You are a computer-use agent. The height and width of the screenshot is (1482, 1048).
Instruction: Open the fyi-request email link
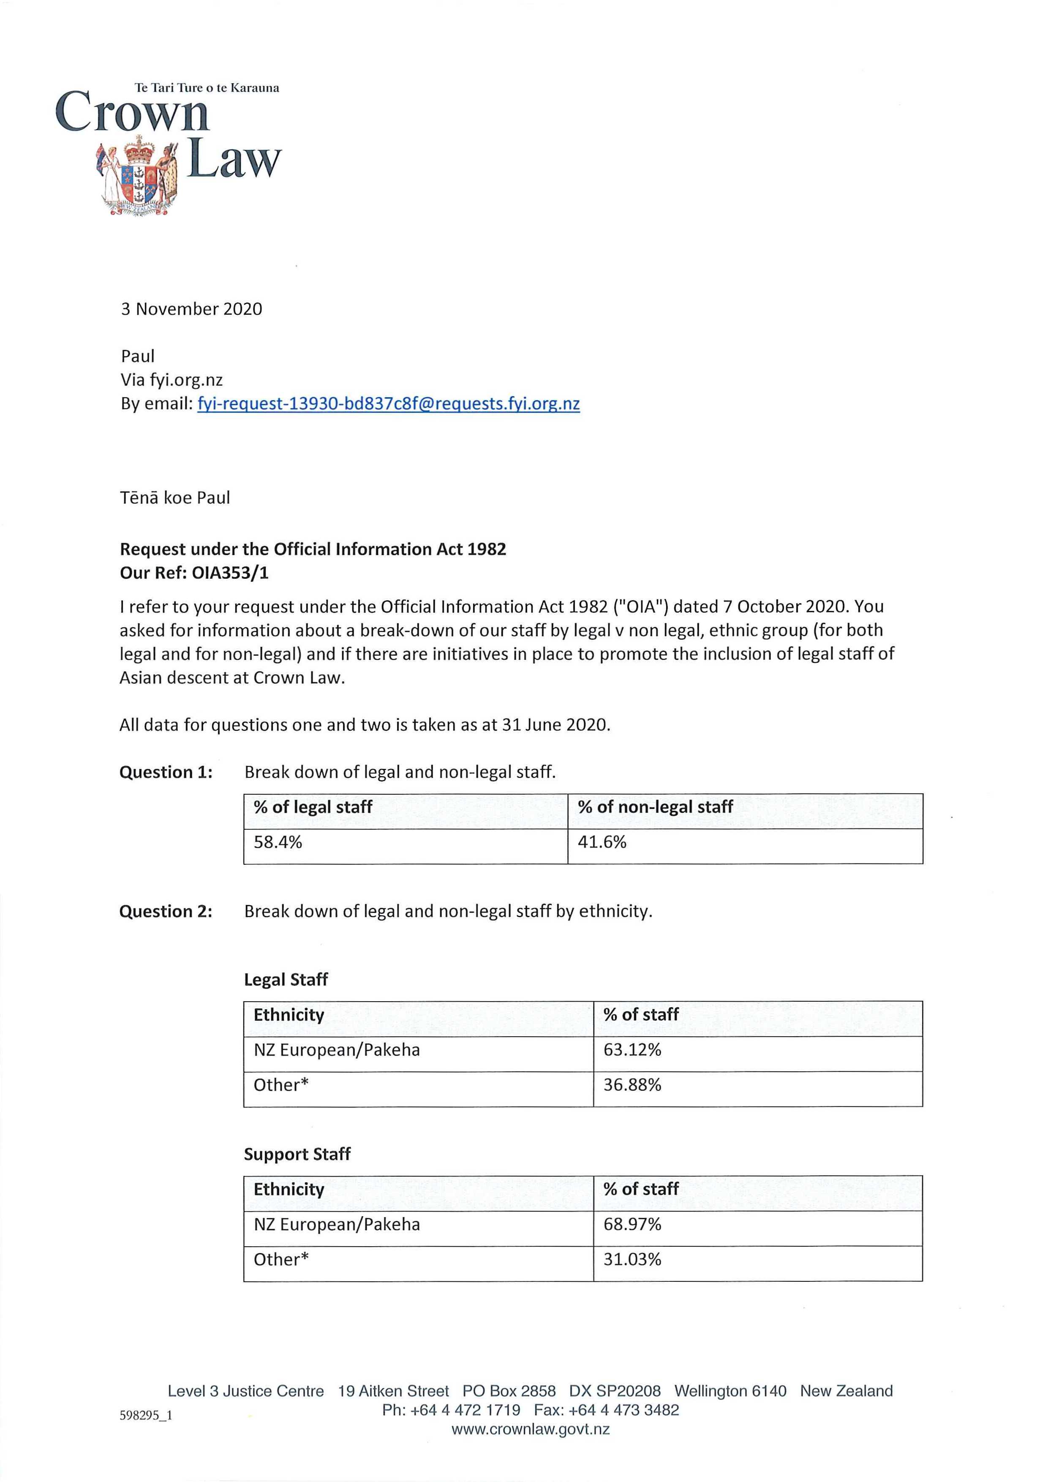coord(389,404)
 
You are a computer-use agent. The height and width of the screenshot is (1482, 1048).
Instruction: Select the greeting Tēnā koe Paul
coord(175,498)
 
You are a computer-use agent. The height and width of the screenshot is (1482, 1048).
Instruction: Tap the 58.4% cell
coord(278,842)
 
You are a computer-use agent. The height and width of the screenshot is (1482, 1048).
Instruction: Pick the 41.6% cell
coord(602,842)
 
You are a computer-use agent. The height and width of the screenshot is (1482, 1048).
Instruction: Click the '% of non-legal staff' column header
coord(655,807)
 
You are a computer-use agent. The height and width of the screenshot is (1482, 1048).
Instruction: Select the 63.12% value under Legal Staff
coord(632,1050)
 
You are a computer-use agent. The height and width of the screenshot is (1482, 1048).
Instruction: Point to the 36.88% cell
coord(632,1085)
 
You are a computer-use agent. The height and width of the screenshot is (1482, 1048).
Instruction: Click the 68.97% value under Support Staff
coord(632,1224)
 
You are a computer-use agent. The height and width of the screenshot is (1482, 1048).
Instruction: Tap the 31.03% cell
coord(632,1259)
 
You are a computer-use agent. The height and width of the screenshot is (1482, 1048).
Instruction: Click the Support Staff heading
coord(297,1154)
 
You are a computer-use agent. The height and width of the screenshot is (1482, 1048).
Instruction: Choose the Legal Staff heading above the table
coord(286,980)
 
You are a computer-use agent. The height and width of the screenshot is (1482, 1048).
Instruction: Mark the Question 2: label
coord(166,911)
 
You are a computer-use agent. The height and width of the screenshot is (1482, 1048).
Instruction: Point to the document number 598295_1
coord(146,1416)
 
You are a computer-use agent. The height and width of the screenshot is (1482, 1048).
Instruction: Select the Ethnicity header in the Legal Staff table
coord(289,1015)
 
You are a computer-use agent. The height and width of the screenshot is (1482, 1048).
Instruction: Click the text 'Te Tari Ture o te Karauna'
coord(207,88)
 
